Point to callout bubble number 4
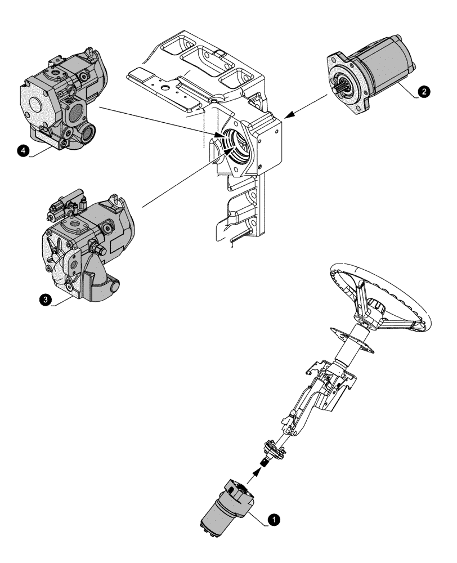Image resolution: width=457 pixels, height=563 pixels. click(23, 151)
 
